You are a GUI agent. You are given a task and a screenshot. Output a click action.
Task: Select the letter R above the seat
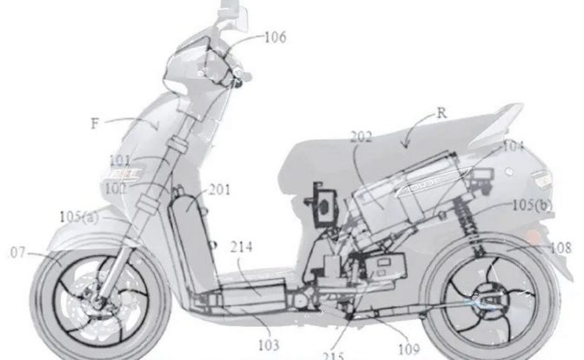tap(441, 112)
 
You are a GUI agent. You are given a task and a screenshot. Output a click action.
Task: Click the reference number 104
tap(514, 148)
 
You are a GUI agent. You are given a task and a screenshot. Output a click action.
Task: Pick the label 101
tap(121, 160)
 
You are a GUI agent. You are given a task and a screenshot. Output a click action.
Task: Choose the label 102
tap(121, 184)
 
